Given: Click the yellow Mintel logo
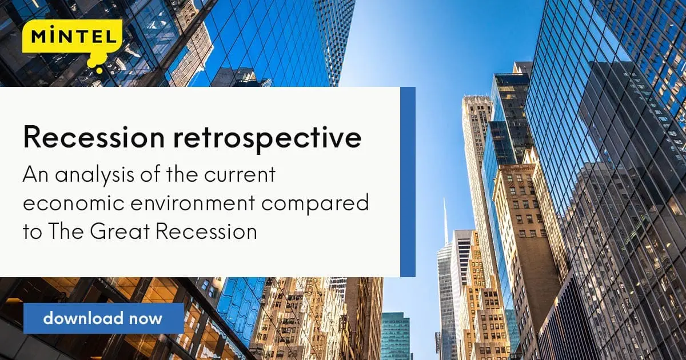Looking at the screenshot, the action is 72,43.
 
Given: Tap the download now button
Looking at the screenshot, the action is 103,318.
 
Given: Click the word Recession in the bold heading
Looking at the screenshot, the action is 94,137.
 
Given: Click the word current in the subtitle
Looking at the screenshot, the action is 240,174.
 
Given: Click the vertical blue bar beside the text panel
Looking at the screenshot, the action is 408,182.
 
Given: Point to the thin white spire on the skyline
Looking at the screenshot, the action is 445,221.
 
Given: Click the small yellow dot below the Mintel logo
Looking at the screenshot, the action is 99,71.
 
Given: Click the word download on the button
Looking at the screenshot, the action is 83,318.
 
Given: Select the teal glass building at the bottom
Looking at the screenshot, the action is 396,336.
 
